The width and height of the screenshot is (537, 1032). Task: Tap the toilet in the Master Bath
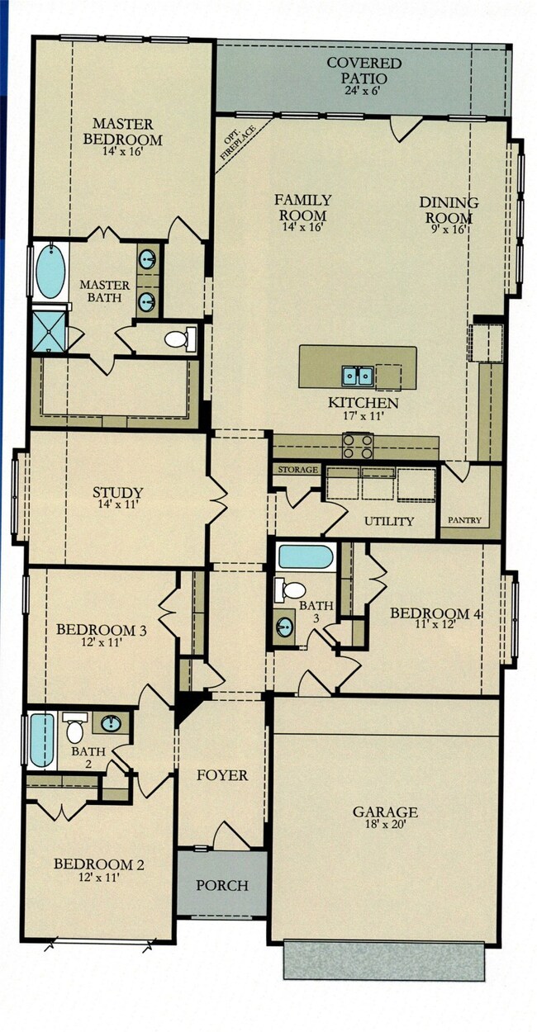(180, 339)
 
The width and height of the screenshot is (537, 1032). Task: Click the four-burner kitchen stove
(357, 446)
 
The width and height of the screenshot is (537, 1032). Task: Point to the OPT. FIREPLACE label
(238, 142)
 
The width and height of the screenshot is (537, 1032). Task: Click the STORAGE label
(297, 470)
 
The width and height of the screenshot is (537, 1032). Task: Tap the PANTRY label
(464, 520)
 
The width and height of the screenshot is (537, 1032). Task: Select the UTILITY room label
(389, 522)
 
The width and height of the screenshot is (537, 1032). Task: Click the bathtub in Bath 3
(306, 556)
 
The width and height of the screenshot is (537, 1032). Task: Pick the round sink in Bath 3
(283, 626)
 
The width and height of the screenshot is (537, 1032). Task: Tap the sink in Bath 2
(111, 723)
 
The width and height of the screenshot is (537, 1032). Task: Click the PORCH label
(222, 885)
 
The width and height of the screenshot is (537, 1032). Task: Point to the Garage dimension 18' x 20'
(384, 824)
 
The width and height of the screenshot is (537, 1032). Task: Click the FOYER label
(222, 775)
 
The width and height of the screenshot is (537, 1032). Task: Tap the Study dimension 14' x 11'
(118, 504)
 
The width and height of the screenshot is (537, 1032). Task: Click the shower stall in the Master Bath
(48, 330)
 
